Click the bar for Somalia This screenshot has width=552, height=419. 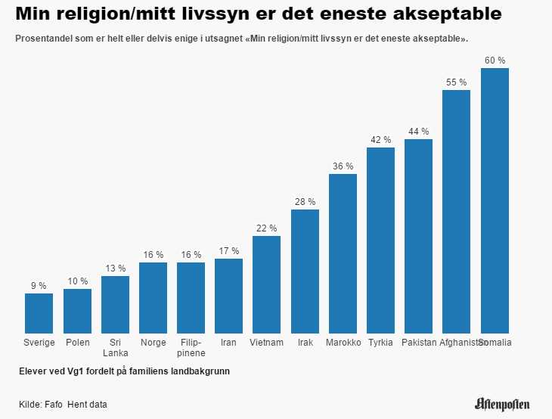pos(495,200)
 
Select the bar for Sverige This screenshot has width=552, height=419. pos(39,313)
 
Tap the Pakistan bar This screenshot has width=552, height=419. pos(418,236)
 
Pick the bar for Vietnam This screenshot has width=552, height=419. pos(266,284)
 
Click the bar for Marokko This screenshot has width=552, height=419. pos(343,253)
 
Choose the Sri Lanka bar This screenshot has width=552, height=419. pos(115,304)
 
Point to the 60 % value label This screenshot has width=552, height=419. pos(495,61)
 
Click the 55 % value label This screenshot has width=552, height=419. pos(457,82)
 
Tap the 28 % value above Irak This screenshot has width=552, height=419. pos(305,202)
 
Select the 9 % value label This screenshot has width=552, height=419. pos(39,286)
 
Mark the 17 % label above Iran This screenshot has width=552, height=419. pos(228,251)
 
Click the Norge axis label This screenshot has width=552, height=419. pos(153,343)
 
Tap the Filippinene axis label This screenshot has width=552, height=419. pos(191,347)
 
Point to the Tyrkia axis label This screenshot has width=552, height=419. pos(380,343)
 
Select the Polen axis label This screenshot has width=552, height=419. pos(77,343)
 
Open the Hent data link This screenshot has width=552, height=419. pos(87,405)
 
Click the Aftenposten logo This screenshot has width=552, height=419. pos(502,404)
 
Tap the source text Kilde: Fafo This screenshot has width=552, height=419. pos(41,405)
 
